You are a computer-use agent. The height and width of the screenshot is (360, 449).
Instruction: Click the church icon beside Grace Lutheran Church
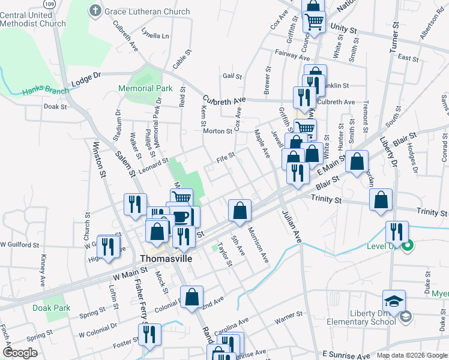tap(95, 10)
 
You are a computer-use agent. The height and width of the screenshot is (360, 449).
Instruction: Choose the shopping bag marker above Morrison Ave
tap(240, 211)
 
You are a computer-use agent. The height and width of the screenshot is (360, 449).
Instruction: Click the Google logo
tap(20, 353)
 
